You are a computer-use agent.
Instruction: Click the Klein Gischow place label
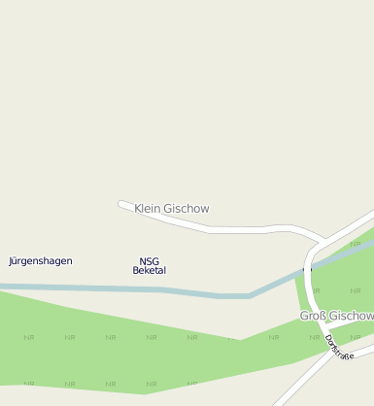click(x=172, y=209)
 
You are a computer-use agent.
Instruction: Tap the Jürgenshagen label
click(x=41, y=261)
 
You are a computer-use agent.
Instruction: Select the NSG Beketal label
click(x=149, y=265)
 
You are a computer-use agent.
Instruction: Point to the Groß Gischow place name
click(x=336, y=317)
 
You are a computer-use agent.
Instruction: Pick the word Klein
click(x=146, y=209)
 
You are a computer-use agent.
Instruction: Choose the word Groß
click(x=311, y=317)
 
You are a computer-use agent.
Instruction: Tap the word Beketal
click(x=149, y=270)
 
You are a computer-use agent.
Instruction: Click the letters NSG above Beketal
click(x=149, y=260)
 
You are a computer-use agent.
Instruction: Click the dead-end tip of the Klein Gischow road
click(x=120, y=204)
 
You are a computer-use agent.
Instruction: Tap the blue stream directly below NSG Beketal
click(x=149, y=289)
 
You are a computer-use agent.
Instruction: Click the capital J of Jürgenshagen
click(x=11, y=261)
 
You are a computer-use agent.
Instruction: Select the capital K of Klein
click(x=138, y=209)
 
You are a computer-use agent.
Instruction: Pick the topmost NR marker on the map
click(x=356, y=244)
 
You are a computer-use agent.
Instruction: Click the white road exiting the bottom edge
click(x=281, y=400)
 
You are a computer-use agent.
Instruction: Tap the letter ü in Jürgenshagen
click(x=17, y=261)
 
